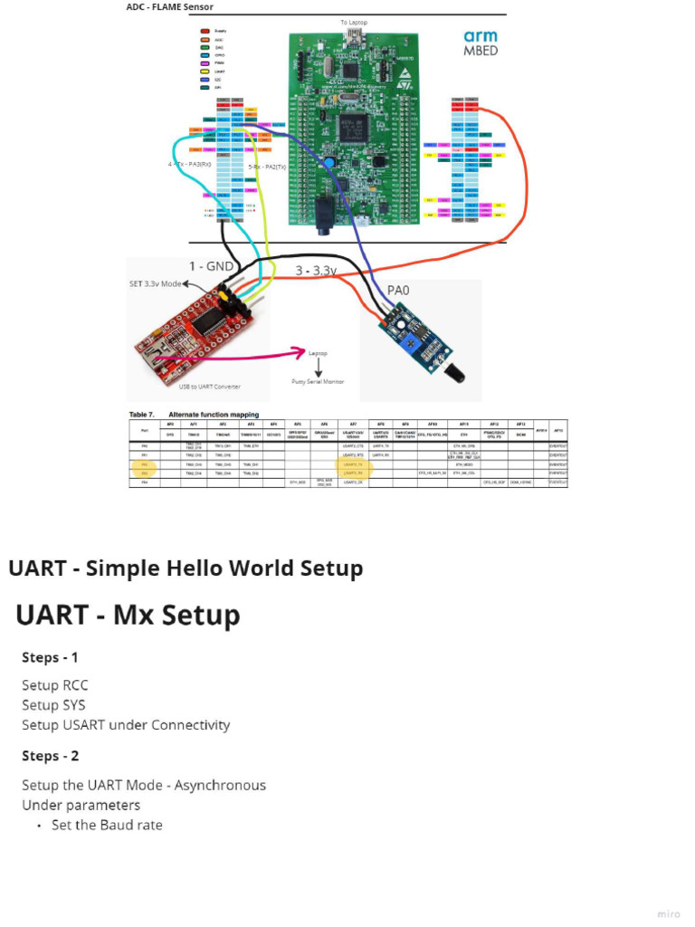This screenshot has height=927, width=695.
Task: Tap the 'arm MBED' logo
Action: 480,43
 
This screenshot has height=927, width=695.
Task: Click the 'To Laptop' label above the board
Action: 355,22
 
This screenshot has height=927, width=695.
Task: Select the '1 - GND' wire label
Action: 210,266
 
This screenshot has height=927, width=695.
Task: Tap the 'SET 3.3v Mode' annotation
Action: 160,283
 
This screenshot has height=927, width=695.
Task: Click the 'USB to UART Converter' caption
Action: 209,387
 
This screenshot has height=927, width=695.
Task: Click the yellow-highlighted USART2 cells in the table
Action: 353,468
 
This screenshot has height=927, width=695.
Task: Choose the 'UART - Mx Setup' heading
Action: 128,616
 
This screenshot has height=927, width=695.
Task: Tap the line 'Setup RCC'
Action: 55,685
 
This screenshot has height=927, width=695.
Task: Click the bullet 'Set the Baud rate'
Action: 107,825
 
